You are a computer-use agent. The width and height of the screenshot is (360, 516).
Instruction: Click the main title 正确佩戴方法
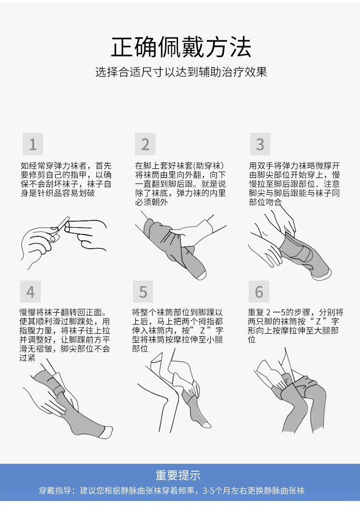[181, 47]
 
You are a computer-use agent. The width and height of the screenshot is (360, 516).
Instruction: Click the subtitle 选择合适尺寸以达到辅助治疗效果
[181, 72]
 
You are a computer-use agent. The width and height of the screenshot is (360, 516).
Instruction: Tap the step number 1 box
[33, 144]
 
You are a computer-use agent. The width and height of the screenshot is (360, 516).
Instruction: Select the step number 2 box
[145, 144]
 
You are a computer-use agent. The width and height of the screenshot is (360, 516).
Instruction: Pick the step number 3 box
[260, 144]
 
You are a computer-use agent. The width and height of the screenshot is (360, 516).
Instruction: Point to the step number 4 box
[30, 292]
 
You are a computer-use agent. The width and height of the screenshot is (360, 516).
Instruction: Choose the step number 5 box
[143, 292]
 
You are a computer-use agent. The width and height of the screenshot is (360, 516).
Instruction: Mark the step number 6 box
[259, 292]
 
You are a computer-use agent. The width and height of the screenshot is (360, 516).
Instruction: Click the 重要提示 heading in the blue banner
[178, 475]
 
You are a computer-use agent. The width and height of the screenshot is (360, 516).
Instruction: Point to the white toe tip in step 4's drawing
[107, 432]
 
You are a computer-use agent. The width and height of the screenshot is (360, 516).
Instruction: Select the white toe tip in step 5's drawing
[206, 424]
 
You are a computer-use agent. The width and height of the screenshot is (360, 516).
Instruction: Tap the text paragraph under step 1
[66, 179]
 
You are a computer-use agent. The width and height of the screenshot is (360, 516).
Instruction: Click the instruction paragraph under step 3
[294, 184]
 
